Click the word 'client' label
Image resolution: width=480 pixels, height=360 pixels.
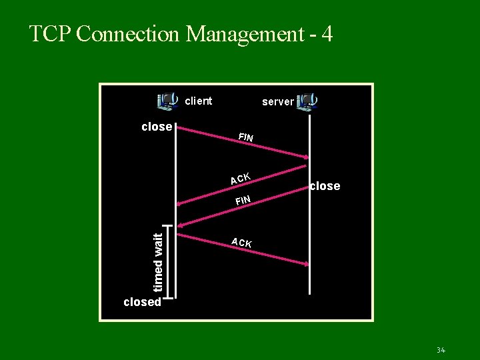[x=198, y=101]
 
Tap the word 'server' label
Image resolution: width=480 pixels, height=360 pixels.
[x=277, y=102]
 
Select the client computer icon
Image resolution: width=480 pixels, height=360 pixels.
[x=167, y=101]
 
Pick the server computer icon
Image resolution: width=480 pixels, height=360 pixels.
[x=307, y=101]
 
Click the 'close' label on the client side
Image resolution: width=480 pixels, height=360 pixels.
[x=157, y=127]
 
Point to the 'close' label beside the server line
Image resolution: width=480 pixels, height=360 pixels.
[x=325, y=186]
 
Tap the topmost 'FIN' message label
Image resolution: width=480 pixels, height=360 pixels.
[x=246, y=137]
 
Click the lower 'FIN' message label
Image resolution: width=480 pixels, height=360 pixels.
[x=242, y=200]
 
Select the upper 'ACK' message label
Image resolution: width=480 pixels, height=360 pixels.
[x=240, y=179]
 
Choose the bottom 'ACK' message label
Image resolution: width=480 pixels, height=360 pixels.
[x=241, y=243]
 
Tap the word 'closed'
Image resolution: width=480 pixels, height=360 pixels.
[x=142, y=302]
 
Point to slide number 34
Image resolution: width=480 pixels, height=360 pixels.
[x=440, y=350]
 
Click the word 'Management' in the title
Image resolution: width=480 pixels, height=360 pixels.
[x=245, y=34]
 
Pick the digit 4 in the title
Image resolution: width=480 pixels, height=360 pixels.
[x=327, y=34]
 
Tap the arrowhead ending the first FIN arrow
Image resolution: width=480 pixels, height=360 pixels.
[x=306, y=157]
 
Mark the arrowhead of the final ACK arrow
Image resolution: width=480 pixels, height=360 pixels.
[x=306, y=265]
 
